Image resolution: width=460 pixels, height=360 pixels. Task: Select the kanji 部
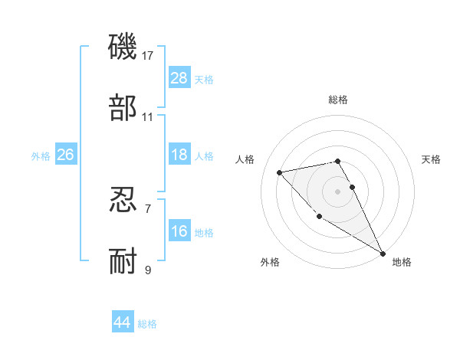coord(123,109)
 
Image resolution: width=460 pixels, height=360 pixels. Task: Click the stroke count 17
coord(148,56)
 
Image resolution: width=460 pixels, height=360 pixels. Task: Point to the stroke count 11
coord(148,117)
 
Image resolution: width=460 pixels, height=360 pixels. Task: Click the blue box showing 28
coord(179,78)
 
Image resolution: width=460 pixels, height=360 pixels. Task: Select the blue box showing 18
coord(179,155)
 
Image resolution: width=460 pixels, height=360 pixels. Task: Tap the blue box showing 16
coord(179,231)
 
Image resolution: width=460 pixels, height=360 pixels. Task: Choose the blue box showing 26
coord(65,155)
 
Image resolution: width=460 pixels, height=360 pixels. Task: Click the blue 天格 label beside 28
coord(204,80)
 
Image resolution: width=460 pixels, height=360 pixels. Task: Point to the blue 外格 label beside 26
coord(41,156)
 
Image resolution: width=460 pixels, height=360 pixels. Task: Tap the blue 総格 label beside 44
coord(147,324)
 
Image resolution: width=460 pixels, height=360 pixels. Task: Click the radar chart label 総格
coord(338,100)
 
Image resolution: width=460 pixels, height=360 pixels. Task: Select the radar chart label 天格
coord(432,159)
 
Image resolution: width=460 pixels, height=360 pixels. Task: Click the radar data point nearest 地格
coord(383,253)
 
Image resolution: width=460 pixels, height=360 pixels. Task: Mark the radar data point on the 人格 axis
coord(281,172)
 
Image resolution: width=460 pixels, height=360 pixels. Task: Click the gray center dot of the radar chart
coord(338,191)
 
